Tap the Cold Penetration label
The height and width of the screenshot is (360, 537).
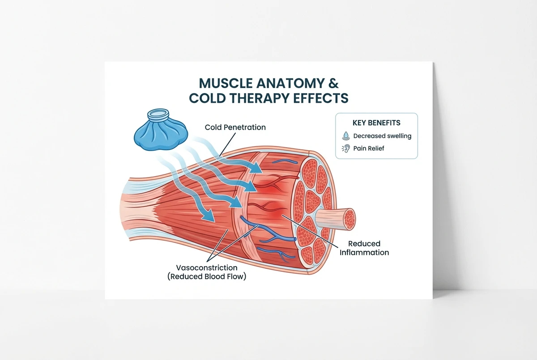point(235,127)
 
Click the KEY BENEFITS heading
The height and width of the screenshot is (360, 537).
point(376,123)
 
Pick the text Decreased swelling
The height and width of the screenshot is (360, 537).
point(382,136)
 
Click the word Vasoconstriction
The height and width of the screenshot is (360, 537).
point(206,267)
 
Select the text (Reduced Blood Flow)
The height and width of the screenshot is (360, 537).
point(206,276)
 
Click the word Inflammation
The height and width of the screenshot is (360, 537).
point(364,253)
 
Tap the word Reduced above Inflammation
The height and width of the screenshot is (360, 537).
point(364,244)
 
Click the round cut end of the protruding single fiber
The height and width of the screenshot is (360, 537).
point(349,219)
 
